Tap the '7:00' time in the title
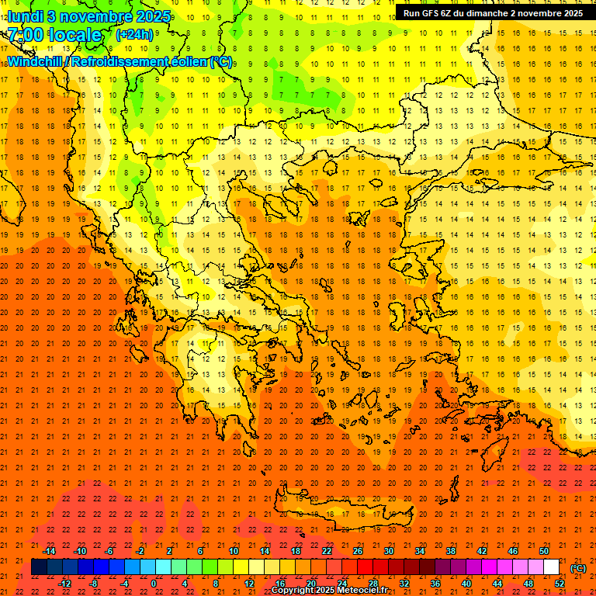click(x=25, y=35)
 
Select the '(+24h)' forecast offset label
click(x=134, y=35)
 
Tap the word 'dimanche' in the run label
click(x=496, y=13)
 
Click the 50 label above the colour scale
click(x=544, y=551)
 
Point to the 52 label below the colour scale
click(x=560, y=584)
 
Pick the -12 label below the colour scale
click(x=64, y=584)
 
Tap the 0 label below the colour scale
click(x=154, y=584)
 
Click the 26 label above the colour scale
click(x=358, y=551)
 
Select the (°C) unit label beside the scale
click(x=578, y=568)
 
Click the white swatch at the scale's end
click(x=552, y=567)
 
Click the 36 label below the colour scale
click(x=435, y=584)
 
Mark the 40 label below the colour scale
click(x=466, y=584)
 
